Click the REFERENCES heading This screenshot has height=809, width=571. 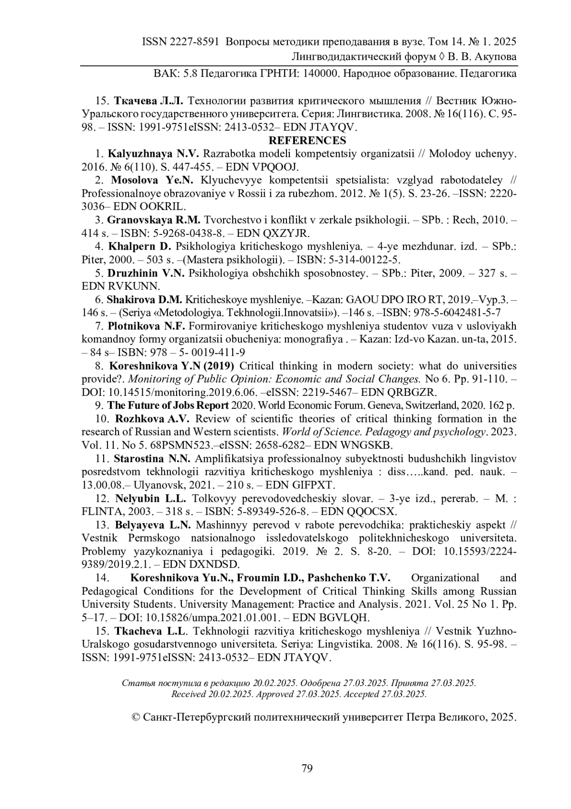click(307, 141)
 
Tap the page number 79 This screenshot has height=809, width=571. click(307, 768)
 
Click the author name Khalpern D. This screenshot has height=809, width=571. click(139, 247)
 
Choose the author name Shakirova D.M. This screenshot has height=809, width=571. click(144, 300)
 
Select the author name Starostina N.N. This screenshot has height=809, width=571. click(152, 458)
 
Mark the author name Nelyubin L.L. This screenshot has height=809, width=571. click(151, 498)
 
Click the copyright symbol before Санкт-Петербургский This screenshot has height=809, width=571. click(136, 718)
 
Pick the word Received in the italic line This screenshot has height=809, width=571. click(188, 694)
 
